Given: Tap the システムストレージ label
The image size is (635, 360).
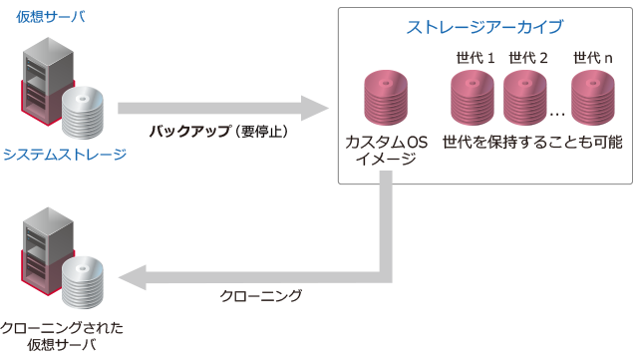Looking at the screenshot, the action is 65,155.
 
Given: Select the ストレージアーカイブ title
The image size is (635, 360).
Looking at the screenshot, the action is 485,26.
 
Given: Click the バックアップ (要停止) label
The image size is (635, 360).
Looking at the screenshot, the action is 218,131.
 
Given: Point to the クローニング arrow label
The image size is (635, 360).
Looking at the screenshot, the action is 260,296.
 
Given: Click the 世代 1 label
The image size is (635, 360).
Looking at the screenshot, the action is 474,57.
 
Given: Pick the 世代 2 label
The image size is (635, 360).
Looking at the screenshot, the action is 528,57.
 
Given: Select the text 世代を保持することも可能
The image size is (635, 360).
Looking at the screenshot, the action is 532,142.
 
